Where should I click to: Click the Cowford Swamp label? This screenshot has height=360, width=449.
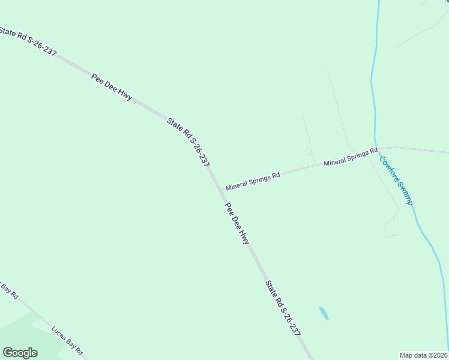396,179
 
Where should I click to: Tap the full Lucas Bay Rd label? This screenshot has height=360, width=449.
67,341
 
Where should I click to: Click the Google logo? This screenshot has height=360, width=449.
20,353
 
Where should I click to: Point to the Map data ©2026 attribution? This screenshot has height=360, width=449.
423,355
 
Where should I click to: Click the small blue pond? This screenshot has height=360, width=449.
324,313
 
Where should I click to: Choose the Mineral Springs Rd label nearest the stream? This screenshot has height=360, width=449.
351,157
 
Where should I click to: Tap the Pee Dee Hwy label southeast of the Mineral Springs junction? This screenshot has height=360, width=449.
237,223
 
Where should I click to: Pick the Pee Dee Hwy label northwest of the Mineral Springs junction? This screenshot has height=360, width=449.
112,87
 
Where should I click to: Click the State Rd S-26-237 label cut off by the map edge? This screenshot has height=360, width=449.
28,41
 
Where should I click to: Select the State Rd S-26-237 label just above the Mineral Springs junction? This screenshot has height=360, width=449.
188,142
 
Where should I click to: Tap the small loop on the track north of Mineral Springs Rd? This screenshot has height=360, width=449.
309,149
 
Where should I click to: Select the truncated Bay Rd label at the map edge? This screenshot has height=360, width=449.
10,290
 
